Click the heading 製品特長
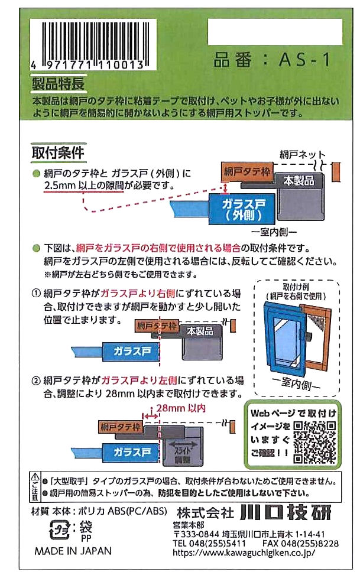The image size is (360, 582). click(x=59, y=83)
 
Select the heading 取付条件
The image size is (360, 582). click(x=59, y=152)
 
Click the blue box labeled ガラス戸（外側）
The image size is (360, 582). click(x=242, y=209)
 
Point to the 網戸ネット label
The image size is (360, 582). click(x=303, y=154)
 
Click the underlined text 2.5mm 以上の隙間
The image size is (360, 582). click(x=83, y=185)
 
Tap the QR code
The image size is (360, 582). click(x=314, y=442)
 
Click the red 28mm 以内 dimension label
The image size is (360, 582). click(x=181, y=408)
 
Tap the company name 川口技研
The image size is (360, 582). click(x=286, y=513)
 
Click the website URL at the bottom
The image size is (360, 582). click(x=244, y=552)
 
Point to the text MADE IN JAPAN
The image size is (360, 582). click(x=73, y=551)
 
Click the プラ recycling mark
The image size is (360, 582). click(x=59, y=529)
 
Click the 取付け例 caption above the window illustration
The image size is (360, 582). click(x=296, y=287)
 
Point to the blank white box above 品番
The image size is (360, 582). click(x=275, y=32)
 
